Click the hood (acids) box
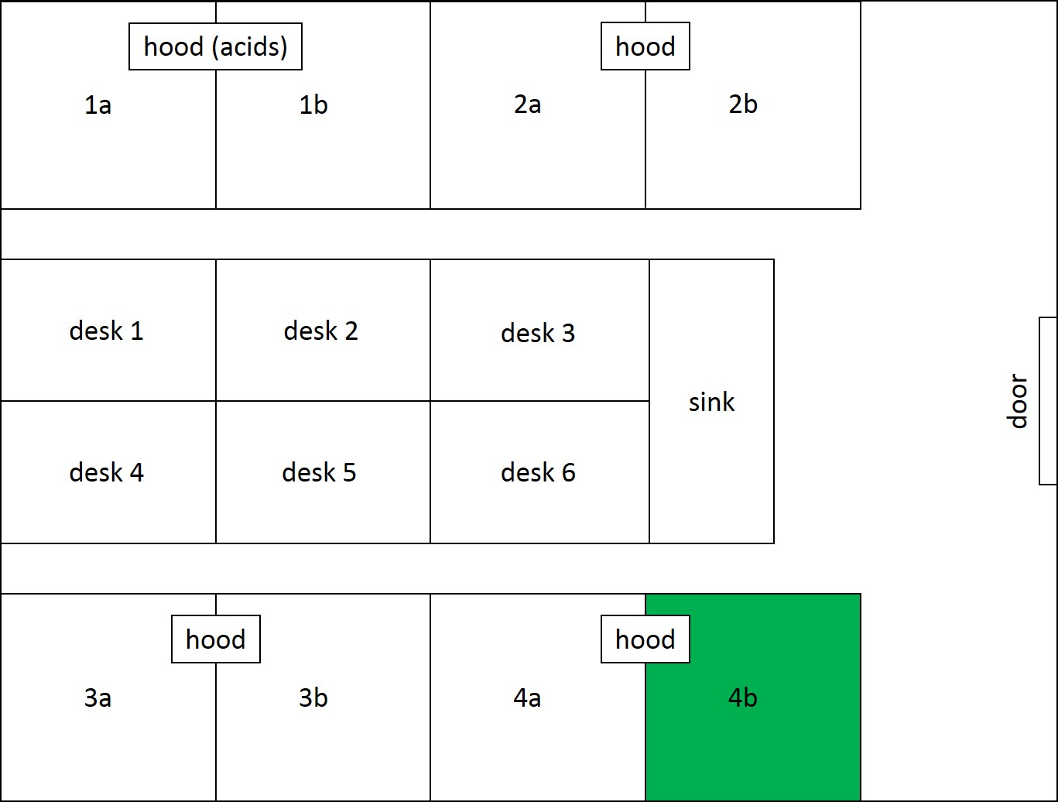(215, 46)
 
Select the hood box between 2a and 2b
(645, 46)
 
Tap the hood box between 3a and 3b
(215, 639)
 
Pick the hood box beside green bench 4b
(645, 639)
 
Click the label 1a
(98, 105)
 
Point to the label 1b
(313, 105)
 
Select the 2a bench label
(527, 104)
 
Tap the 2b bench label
(743, 104)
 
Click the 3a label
(98, 697)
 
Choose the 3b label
(313, 697)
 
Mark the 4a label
(527, 697)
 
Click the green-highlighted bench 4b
(753, 697)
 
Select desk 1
(108, 330)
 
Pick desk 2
(323, 330)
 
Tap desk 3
(540, 330)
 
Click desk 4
(108, 472)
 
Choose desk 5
(323, 472)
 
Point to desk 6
(540, 472)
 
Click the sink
(711, 402)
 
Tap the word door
(1016, 401)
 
